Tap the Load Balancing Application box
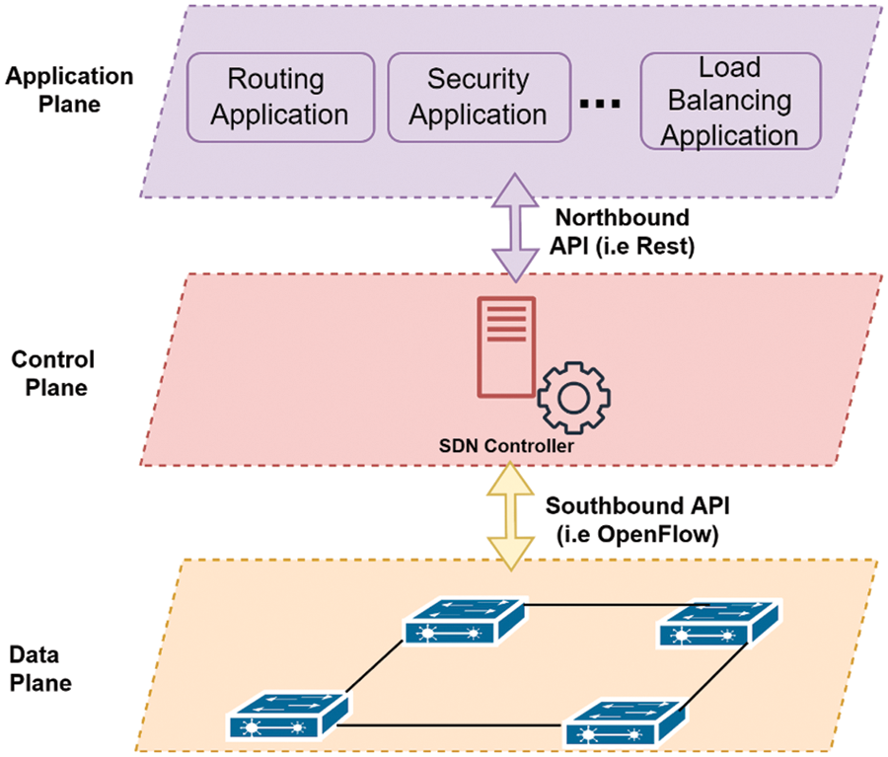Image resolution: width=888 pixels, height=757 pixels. pos(729,101)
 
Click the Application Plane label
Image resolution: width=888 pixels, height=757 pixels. pos(68,90)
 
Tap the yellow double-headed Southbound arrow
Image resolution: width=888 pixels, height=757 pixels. pos(510,516)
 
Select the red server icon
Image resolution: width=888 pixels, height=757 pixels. pos(506,347)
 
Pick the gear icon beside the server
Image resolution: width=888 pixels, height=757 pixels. pos(573,398)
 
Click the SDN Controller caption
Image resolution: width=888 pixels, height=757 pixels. pos(506,446)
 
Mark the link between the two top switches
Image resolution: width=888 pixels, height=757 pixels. pos(592,603)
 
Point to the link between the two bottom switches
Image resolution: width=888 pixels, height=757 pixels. pos(454,726)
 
